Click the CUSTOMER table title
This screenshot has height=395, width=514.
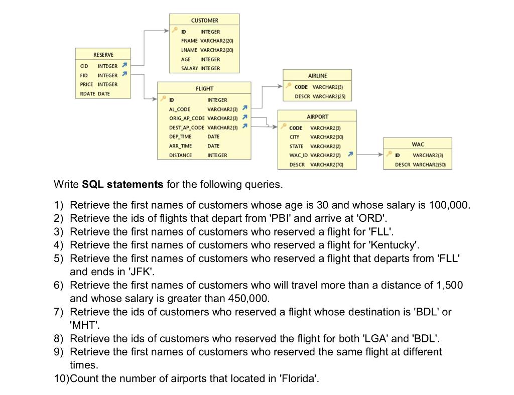(x=204, y=21)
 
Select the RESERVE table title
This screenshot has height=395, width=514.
(x=103, y=55)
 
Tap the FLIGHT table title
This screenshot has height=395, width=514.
(x=204, y=89)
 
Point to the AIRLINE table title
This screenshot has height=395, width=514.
(x=317, y=76)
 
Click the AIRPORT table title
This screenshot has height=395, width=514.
(x=317, y=116)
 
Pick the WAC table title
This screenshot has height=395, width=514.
(x=418, y=145)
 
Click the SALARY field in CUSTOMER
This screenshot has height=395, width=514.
(x=189, y=68)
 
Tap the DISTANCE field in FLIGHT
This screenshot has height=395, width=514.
(x=181, y=156)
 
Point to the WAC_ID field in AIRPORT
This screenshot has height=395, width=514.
(x=298, y=155)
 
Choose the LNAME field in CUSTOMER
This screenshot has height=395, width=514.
(x=189, y=50)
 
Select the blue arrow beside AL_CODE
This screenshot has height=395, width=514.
(x=244, y=108)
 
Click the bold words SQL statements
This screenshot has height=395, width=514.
(x=122, y=184)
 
